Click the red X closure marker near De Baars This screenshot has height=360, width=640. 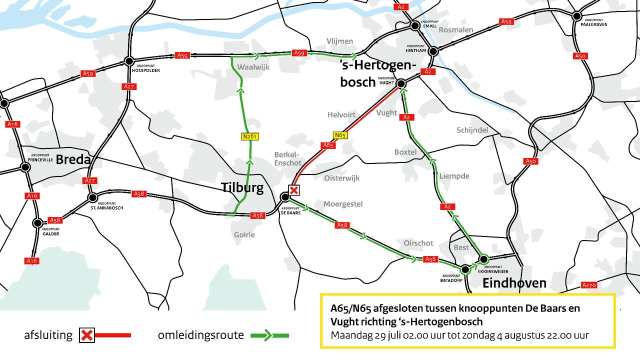(x=294, y=190)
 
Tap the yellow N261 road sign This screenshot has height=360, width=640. (x=250, y=136)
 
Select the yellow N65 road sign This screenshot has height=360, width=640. (x=340, y=135)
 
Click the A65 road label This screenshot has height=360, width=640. (x=328, y=145)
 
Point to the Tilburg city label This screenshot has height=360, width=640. (x=242, y=188)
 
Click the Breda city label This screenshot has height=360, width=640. (x=73, y=160)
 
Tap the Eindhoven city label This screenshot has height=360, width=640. (x=514, y=283)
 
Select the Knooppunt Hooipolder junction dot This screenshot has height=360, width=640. (x=129, y=61)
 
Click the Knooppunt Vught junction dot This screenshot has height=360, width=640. (x=400, y=84)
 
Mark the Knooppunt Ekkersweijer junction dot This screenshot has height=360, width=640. (x=483, y=259)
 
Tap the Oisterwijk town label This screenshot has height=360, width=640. (x=341, y=178)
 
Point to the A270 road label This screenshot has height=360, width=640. (x=589, y=285)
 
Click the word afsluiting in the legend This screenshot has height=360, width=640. (x=48, y=335)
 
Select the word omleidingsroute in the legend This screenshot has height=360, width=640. (x=200, y=335)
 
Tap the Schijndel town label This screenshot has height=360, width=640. (x=472, y=130)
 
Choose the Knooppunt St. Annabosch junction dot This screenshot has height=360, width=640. (x=92, y=197)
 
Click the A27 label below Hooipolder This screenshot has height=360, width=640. (x=128, y=86)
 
